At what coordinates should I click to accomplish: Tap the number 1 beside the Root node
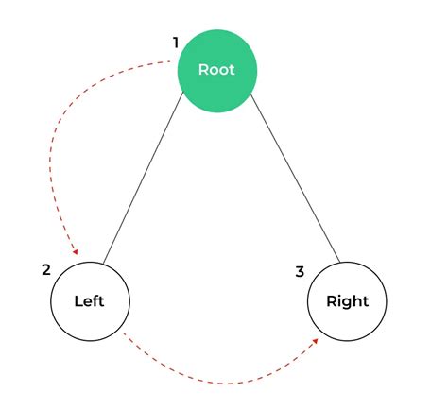click(175, 43)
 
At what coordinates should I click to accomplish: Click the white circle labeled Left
click(89, 301)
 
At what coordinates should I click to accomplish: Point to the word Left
click(89, 302)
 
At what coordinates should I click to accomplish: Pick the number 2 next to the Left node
click(45, 269)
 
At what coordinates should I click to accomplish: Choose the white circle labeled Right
click(347, 301)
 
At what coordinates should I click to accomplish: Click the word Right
click(347, 302)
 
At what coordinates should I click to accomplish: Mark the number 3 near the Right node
click(300, 272)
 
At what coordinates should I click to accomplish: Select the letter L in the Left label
click(78, 302)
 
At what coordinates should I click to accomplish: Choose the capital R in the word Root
click(202, 70)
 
